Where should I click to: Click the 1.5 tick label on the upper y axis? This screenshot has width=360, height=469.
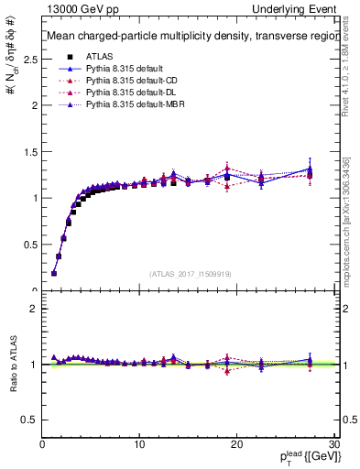click(x=29, y=151)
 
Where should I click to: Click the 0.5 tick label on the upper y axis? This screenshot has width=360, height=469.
click(x=29, y=245)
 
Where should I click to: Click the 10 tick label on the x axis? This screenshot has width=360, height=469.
click(x=139, y=444)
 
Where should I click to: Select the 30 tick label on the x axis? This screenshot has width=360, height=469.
click(x=333, y=444)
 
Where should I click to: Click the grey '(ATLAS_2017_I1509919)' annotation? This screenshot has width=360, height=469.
click(x=189, y=274)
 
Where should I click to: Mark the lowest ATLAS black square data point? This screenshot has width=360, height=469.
click(x=54, y=273)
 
